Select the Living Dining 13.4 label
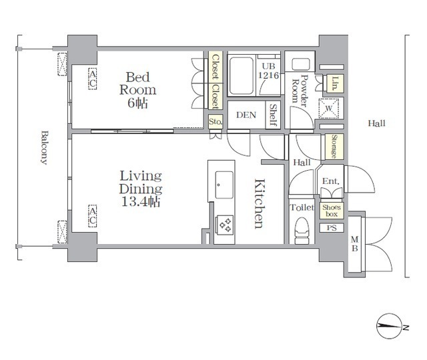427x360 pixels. tap(141, 189)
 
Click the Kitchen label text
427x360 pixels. tap(260, 203)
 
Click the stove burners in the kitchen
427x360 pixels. tap(225, 224)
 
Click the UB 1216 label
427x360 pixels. tap(268, 70)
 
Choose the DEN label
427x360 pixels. tap(246, 115)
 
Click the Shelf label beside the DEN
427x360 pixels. tap(273, 114)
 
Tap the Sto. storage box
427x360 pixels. tap(215, 122)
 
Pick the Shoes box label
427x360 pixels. tap(332, 211)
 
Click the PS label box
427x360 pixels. tap(332, 228)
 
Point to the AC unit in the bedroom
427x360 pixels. tap(93, 79)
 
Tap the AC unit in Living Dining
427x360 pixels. tap(93, 215)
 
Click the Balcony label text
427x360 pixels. tap(43, 147)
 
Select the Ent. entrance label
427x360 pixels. tap(331, 182)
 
